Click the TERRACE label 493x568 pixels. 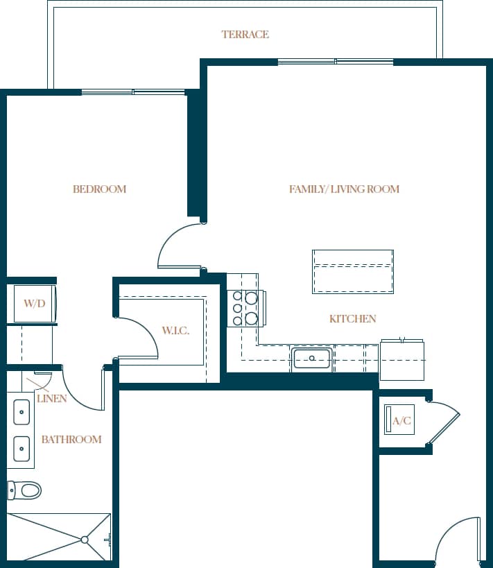pos(245,35)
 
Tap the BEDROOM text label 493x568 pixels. pos(99,189)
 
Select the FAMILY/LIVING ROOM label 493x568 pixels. pos(344,189)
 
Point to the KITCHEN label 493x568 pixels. pos(352,319)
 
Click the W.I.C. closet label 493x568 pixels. pos(175,331)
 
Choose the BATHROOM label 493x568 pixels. pos(71,440)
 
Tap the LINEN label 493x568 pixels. pos(52,399)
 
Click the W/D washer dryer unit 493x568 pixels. pos(34,304)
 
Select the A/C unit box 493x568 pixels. pos(399,420)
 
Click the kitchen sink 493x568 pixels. pos(312,359)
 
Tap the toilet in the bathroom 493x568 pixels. pos(26,490)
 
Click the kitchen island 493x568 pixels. pos(353,271)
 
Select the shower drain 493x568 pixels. pos(85,539)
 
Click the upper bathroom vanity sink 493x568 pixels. pos(21,413)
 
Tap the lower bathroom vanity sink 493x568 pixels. pos(21,449)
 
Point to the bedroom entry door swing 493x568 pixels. pos(179,246)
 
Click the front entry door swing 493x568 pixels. pos(458,541)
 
